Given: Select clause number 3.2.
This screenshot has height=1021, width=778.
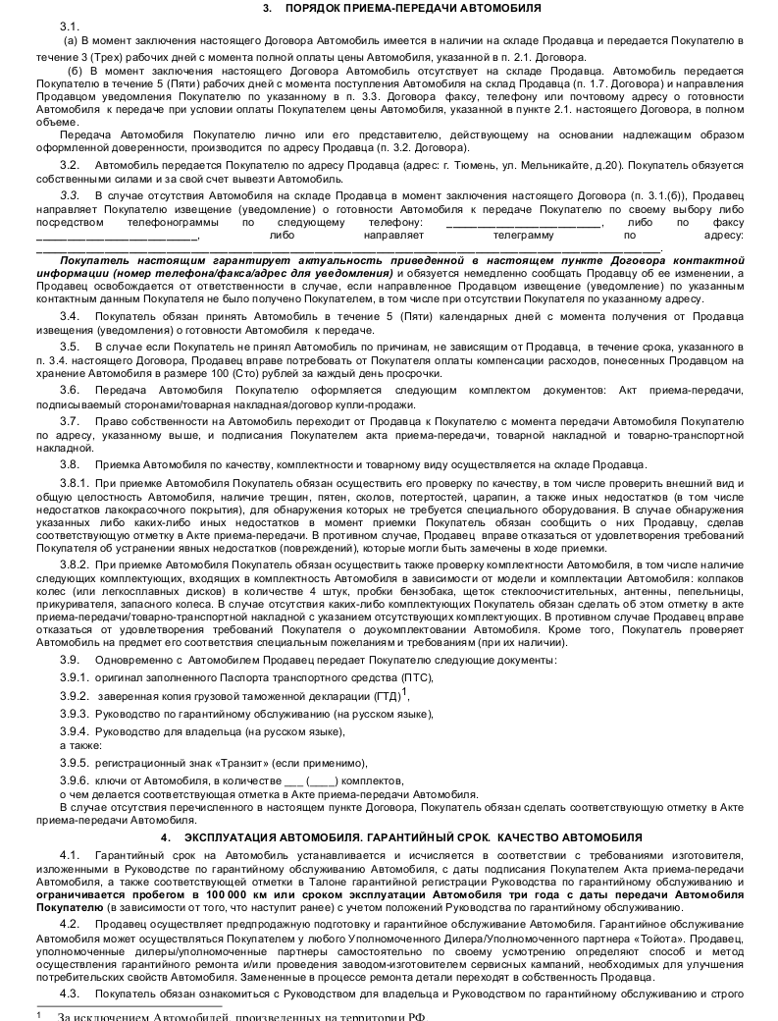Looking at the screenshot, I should point(70,165).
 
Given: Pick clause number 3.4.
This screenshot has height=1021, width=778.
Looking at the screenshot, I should point(70,315).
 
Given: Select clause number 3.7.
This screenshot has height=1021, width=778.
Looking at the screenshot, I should point(70,420).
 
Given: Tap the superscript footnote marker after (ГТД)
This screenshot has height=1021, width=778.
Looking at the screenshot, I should point(405,691).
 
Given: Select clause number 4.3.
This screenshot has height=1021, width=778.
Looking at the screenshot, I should point(70,994).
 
